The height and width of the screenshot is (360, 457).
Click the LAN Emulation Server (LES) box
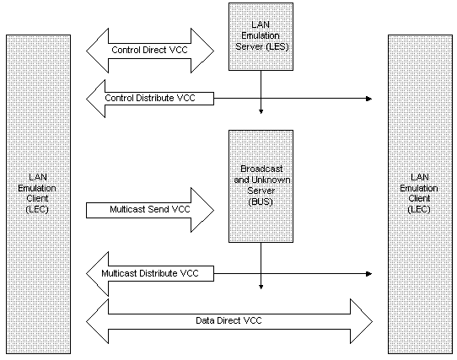click(261, 37)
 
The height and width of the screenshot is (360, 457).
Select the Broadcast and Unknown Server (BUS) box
click(261, 186)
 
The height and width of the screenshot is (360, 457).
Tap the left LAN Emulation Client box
click(38, 195)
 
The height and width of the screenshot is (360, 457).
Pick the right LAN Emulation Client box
click(420, 195)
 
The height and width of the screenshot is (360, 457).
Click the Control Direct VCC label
click(149, 50)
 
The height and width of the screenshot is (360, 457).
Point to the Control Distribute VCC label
click(150, 98)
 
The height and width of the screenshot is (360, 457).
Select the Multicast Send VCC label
click(150, 209)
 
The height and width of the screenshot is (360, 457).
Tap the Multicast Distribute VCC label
click(150, 273)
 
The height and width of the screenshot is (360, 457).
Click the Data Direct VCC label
click(228, 320)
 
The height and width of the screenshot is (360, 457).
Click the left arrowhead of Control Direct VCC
click(98, 51)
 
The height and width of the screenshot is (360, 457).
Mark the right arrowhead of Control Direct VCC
click(202, 51)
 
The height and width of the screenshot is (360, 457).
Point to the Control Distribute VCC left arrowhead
click(96, 99)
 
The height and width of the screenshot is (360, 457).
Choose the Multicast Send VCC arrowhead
click(202, 210)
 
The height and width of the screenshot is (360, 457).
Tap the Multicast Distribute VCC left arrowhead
click(98, 274)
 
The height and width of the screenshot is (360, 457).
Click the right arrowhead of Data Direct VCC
click(361, 321)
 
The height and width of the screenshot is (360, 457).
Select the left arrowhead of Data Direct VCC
click(98, 321)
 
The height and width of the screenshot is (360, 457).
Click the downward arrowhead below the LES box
click(261, 111)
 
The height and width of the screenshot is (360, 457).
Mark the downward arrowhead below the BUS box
click(261, 287)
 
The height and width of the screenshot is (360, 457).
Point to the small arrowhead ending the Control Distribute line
click(369, 99)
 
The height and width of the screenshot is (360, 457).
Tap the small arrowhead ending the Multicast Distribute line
click(369, 274)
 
